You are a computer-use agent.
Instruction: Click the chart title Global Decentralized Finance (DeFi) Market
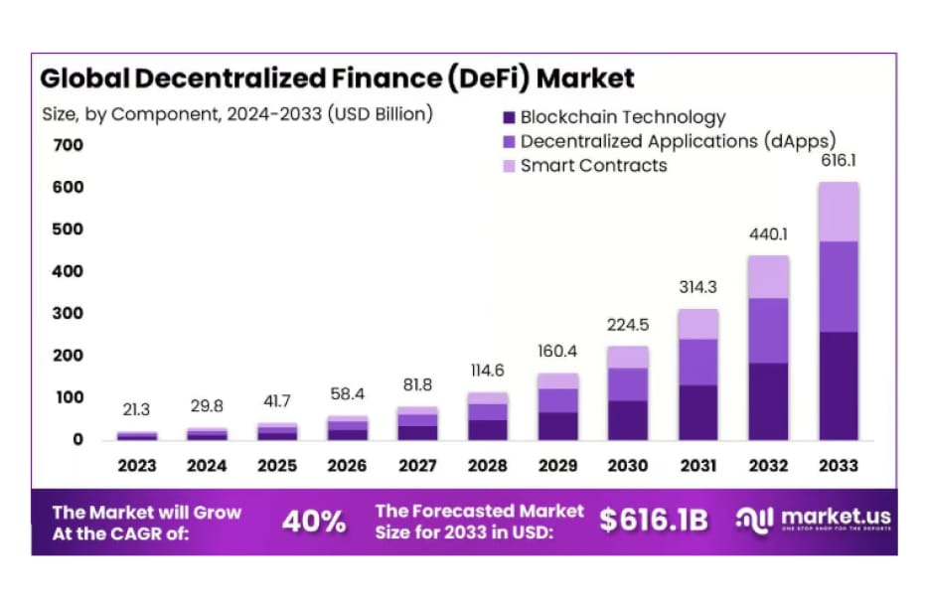coord(336,78)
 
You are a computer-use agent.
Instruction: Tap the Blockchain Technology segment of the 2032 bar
coord(768,401)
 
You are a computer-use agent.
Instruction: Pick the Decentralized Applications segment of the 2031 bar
coord(697,362)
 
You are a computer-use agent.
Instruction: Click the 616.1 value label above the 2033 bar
coord(838,162)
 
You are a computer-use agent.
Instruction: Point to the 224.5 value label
coord(627,325)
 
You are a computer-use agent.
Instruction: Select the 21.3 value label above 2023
coord(136,410)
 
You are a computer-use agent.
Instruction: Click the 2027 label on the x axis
coord(417,465)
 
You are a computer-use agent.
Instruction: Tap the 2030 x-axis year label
coord(627,465)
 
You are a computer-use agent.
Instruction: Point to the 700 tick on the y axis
coord(69,145)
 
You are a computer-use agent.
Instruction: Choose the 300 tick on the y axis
coord(69,313)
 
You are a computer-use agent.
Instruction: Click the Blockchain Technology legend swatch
coord(509,117)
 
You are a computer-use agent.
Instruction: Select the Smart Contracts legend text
coord(593,165)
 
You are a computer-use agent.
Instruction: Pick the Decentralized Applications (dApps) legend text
coord(678,141)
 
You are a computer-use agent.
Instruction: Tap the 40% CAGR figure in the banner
coord(314,521)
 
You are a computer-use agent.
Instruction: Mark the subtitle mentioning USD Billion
coord(237,113)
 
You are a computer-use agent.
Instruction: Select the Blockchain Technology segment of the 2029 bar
coord(557,426)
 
